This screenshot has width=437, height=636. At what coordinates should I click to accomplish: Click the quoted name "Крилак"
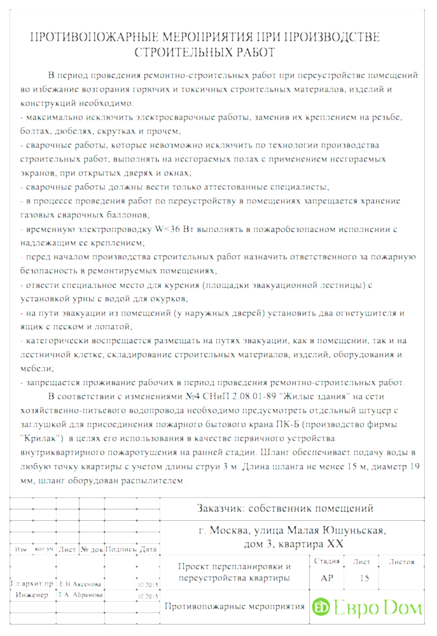pos(41,438)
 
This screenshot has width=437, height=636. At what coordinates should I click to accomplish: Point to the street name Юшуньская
pos(352,530)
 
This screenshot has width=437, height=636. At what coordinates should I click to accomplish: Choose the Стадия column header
pos(326,562)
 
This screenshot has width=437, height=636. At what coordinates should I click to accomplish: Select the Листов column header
pos(401,562)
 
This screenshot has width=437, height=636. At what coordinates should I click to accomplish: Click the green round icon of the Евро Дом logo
pos(321,607)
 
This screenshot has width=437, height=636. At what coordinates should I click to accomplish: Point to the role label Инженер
pos(29,595)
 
